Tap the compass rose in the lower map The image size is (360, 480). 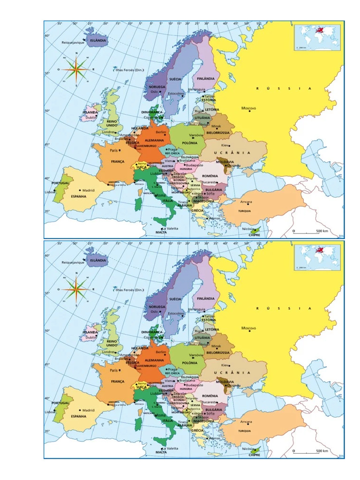(76, 290)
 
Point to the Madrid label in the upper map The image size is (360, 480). (88, 190)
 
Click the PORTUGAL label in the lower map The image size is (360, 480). (60, 403)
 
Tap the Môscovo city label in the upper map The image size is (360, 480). (248, 108)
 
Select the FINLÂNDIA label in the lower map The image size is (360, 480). (206, 298)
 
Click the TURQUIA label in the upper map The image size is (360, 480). (244, 211)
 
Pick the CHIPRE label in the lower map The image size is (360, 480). (255, 455)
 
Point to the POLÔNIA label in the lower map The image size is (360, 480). (189, 363)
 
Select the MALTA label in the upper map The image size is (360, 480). (161, 232)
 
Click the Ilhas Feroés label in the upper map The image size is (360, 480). (129, 70)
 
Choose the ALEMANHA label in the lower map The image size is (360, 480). (154, 360)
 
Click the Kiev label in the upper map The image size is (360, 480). (225, 145)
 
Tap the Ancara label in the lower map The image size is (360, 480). (246, 422)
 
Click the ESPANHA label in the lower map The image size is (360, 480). (79, 416)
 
